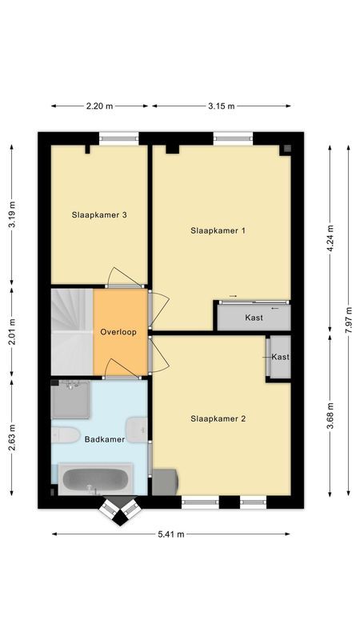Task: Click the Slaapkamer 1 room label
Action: point(218,230)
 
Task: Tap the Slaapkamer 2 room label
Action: point(218,418)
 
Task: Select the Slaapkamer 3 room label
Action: point(99,214)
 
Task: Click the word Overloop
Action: point(118,332)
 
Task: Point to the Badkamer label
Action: point(105,439)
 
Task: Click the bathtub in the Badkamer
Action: point(95,481)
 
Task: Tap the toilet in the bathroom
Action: point(63,436)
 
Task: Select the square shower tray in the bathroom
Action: point(71,399)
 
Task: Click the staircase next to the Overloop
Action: point(72,331)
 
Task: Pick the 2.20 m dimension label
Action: point(100,106)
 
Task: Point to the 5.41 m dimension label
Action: point(171,534)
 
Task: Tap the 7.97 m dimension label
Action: point(349,320)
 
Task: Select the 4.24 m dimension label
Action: point(329,238)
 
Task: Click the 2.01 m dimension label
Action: point(11,331)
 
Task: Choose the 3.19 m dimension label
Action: point(11,214)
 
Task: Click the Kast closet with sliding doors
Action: point(254,318)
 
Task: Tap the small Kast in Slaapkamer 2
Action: point(279,357)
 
